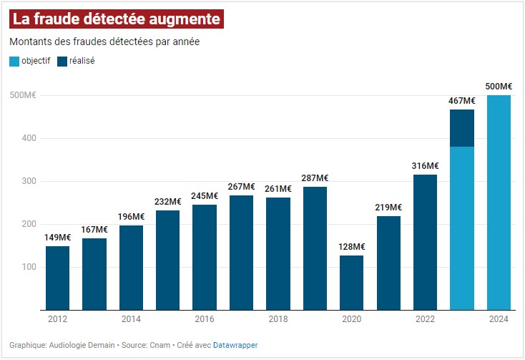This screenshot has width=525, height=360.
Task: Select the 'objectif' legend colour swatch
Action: (14, 61)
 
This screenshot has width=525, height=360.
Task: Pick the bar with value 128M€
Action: (351, 282)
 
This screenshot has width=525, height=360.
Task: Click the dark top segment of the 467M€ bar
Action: (462, 127)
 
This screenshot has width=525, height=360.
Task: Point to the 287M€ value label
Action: (315, 177)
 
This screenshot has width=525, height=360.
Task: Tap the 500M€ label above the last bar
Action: (499, 87)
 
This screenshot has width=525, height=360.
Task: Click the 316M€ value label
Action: (425, 165)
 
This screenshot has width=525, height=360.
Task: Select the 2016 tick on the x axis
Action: (205, 319)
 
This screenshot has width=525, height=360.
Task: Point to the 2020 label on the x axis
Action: (351, 319)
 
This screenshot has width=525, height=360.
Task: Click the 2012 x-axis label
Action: (57, 319)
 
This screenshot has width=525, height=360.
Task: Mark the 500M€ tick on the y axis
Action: (23, 95)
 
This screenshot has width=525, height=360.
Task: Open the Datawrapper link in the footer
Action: (235, 345)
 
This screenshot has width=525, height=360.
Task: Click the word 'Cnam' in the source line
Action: (160, 345)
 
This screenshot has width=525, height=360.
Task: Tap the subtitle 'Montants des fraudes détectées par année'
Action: (104, 42)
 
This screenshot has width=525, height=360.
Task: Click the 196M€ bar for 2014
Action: (131, 268)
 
